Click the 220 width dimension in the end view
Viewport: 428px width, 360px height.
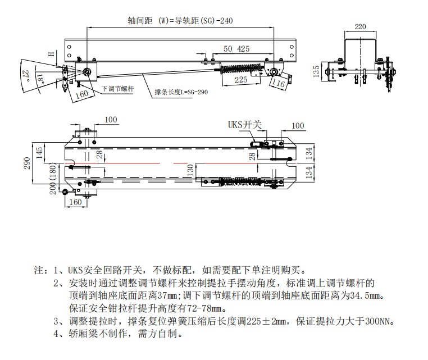(360, 26)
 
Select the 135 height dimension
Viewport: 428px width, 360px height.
(317, 71)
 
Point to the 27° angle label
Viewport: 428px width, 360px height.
(25, 75)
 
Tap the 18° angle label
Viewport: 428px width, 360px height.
(40, 78)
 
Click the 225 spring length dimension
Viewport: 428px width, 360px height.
(240, 80)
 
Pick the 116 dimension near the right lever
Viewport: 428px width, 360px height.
(278, 84)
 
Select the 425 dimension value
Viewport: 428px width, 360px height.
(243, 49)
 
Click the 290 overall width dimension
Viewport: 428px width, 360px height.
(27, 163)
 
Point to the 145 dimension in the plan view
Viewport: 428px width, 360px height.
(39, 152)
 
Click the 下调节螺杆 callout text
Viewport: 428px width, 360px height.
(117, 89)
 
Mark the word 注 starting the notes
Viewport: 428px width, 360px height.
(39, 270)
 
